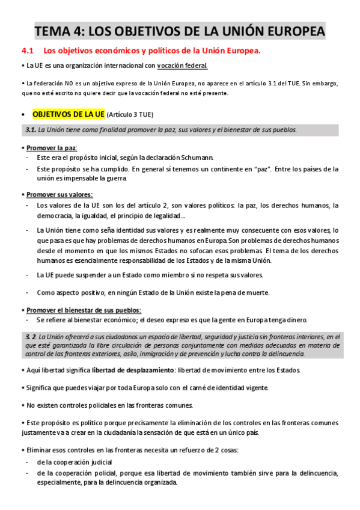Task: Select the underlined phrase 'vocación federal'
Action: [x=183, y=66]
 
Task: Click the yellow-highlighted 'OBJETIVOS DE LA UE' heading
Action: [x=68, y=114]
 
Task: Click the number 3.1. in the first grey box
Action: [x=31, y=130]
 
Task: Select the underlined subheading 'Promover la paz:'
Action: [x=52, y=147]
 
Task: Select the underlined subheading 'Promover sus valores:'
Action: [x=59, y=194]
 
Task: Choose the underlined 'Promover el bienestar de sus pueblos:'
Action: [x=84, y=310]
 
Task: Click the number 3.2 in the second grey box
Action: [x=31, y=337]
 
